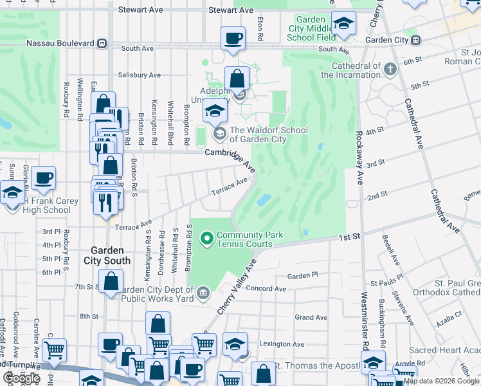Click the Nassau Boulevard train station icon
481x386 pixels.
[x=101, y=44]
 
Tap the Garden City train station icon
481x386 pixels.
[x=416, y=40]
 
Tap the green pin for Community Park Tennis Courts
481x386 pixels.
[x=207, y=240]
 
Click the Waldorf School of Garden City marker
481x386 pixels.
[x=219, y=134]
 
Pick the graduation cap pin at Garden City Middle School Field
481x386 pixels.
[x=343, y=24]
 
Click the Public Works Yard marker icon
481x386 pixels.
[x=203, y=293]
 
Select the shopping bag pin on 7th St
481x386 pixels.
[x=111, y=282]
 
